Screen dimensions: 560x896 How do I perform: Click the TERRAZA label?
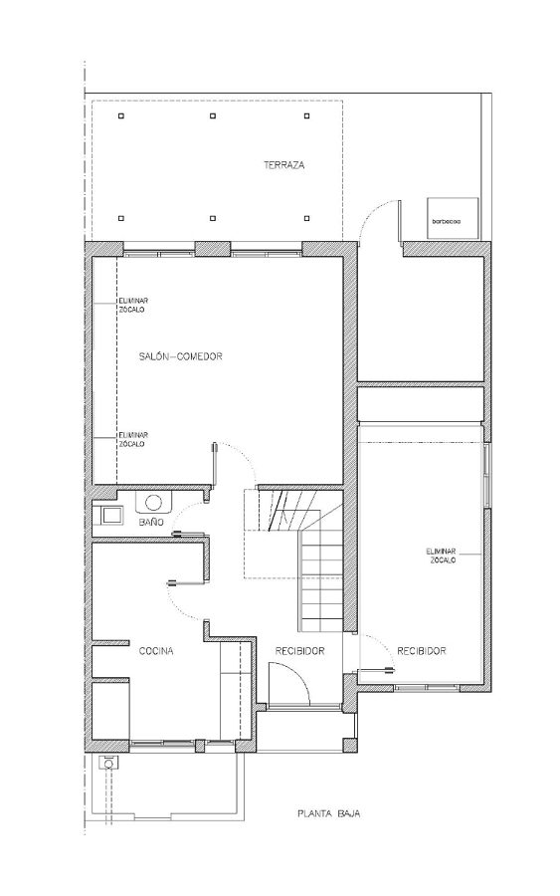click(x=283, y=165)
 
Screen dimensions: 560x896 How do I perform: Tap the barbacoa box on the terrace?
click(x=453, y=217)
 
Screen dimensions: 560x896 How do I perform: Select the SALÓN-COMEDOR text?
click(x=180, y=356)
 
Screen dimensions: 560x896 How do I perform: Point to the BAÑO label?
click(x=151, y=523)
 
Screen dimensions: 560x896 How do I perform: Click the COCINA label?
click(x=156, y=651)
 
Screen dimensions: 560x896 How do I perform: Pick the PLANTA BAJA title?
click(x=329, y=813)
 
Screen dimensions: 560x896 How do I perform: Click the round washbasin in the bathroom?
click(x=153, y=503)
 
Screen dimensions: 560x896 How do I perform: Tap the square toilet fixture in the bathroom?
click(x=109, y=516)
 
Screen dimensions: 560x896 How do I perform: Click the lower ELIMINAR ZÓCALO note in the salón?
click(x=132, y=439)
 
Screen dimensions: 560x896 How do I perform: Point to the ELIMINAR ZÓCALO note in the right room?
click(x=442, y=556)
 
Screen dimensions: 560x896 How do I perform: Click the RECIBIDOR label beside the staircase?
click(x=299, y=651)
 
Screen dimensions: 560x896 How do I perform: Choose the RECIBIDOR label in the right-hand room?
click(x=422, y=651)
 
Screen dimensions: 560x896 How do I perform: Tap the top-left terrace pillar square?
click(x=121, y=116)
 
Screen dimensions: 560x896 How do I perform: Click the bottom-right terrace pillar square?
click(x=307, y=218)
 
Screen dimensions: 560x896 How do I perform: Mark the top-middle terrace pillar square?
click(x=212, y=116)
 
